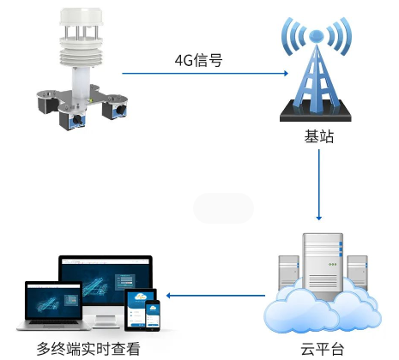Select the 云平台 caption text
pyautogui.click(x=321, y=349)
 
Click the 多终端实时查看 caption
pyautogui.click(x=88, y=349)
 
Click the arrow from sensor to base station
pyautogui.click(x=205, y=75)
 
